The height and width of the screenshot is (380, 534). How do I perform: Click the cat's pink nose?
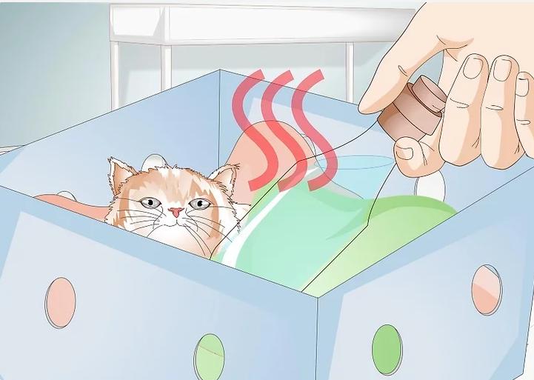pos(175,212)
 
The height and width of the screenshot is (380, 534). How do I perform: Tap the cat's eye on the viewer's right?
pos(198,204)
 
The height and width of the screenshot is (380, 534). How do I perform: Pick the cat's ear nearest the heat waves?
pos(224,179)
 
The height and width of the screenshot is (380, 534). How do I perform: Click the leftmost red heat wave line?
pos(252,133)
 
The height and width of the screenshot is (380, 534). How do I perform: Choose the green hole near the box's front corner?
pos(210,356)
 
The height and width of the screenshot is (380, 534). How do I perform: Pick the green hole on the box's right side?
pos(386,349)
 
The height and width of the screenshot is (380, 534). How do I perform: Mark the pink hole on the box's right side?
pos(487,289)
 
